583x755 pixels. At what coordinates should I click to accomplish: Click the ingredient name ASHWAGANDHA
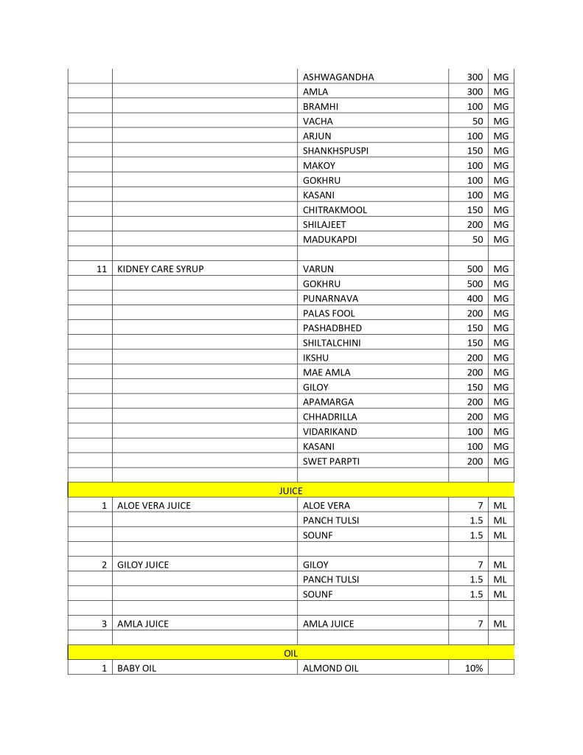pyautogui.click(x=338, y=77)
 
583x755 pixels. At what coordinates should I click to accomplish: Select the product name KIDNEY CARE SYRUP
pyautogui.click(x=160, y=269)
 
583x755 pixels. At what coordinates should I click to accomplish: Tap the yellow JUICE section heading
pyautogui.click(x=290, y=490)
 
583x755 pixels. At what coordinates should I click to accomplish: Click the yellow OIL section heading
pyautogui.click(x=290, y=653)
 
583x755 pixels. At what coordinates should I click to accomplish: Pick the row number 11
pyautogui.click(x=102, y=269)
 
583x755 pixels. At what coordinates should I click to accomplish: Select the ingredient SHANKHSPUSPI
pyautogui.click(x=335, y=150)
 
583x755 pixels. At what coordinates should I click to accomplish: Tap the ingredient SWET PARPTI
pyautogui.click(x=331, y=461)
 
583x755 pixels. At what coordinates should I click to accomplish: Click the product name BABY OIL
pyautogui.click(x=136, y=668)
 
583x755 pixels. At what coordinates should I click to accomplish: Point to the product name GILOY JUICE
pyautogui.click(x=143, y=565)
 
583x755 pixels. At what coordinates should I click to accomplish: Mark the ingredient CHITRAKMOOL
pyautogui.click(x=335, y=209)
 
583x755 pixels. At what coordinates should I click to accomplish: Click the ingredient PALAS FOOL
pyautogui.click(x=329, y=313)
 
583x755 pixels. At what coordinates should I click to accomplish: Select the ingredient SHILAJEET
pyautogui.click(x=324, y=224)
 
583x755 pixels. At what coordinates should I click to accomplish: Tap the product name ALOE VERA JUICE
pyautogui.click(x=153, y=506)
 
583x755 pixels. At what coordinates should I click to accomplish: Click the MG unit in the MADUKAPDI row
pyautogui.click(x=501, y=239)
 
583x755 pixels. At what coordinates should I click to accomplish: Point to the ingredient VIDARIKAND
pyautogui.click(x=329, y=431)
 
